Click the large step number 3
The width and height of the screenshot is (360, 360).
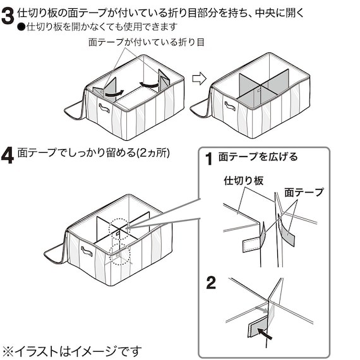click(x=8, y=16)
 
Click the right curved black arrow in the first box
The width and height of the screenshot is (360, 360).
click(x=149, y=84)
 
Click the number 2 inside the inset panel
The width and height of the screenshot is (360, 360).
click(x=211, y=282)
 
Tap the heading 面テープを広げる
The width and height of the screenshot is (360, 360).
click(x=257, y=157)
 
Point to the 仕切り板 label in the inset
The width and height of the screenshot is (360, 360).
click(x=243, y=181)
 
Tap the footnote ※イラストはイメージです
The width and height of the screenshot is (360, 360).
click(x=71, y=350)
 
